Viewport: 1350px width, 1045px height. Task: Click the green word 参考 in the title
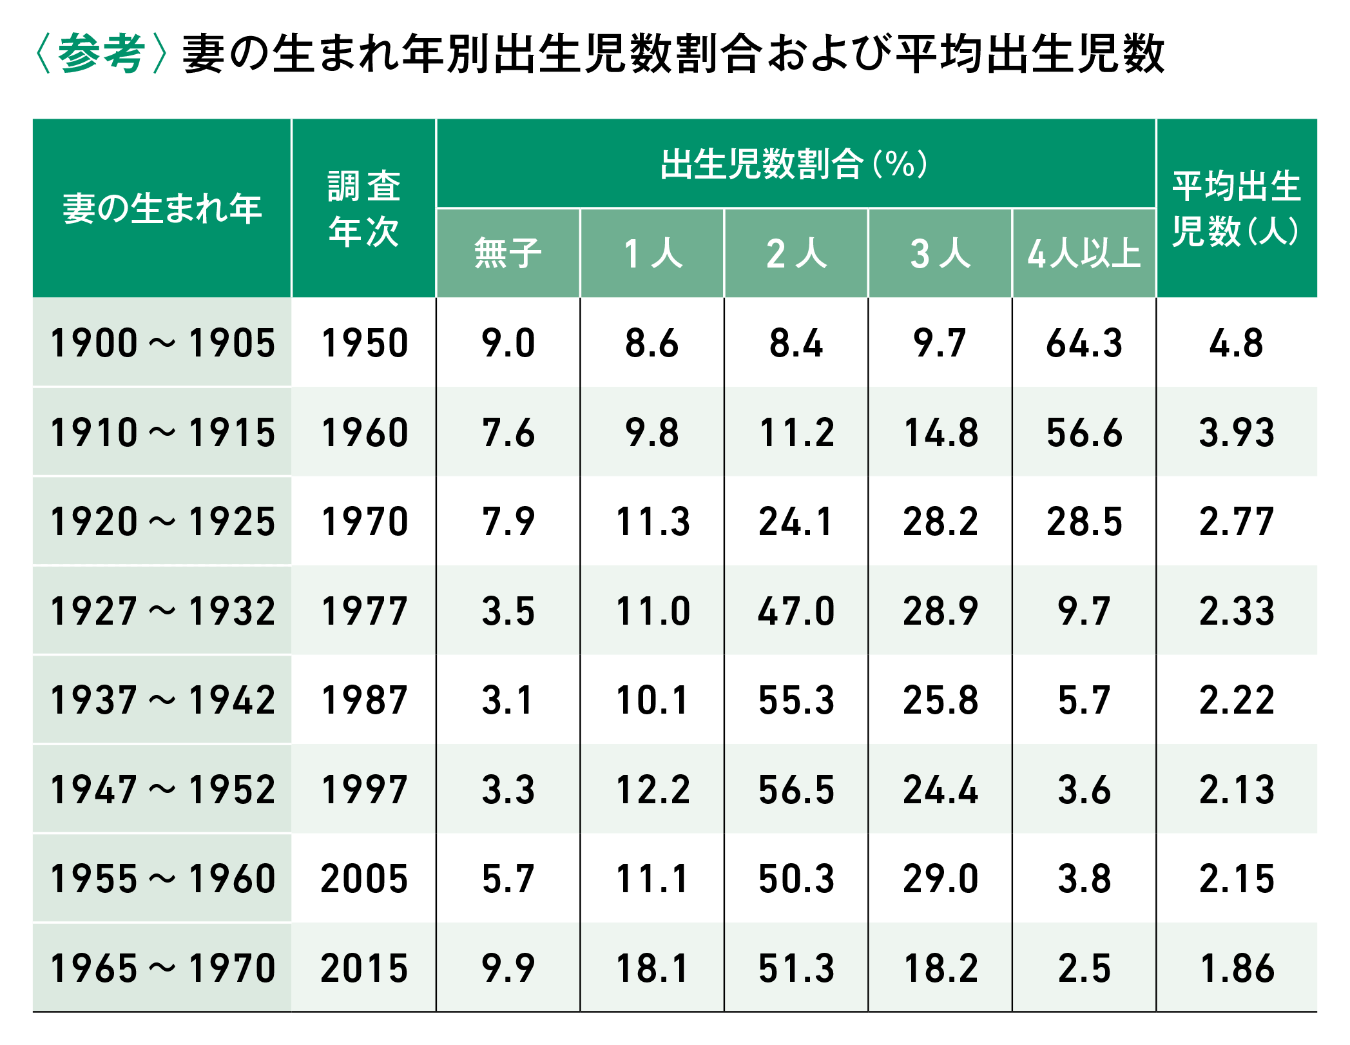coord(101,53)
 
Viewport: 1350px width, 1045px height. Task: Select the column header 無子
coord(508,253)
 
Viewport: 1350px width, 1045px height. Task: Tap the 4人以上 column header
coord(1084,253)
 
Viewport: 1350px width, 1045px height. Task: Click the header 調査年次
coord(364,208)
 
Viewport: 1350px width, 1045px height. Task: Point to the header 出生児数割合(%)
coord(795,164)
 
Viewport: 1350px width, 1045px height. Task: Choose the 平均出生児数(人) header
coord(1236,208)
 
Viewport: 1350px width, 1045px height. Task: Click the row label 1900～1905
coord(162,342)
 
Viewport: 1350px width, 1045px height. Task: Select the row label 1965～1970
coord(162,968)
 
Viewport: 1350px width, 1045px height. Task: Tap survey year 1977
coord(364,610)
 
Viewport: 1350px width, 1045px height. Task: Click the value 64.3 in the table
coord(1084,342)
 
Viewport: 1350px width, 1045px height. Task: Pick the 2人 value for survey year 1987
coord(796,700)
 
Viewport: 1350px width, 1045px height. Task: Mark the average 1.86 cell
coord(1237,968)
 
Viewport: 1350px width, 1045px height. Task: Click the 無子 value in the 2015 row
coord(508,968)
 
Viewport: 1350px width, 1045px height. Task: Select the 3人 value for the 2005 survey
coord(940,879)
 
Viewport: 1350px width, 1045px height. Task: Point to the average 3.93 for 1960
coord(1237,432)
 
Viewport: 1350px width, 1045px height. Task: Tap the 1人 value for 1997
coord(652,789)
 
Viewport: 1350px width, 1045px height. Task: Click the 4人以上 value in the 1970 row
coord(1084,521)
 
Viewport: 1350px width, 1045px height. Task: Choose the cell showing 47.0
coord(796,610)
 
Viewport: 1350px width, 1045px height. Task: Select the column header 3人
coord(940,253)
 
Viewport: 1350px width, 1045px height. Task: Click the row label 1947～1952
coord(162,789)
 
